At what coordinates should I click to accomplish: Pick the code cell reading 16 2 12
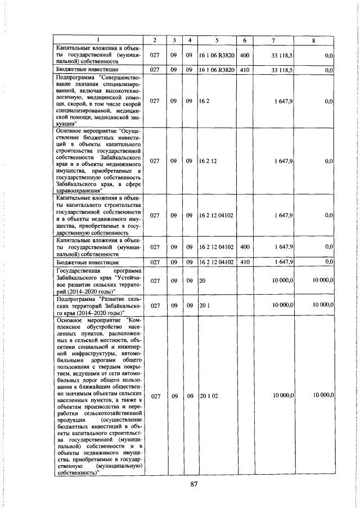point(208,161)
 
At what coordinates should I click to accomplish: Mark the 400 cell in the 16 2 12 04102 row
point(245,246)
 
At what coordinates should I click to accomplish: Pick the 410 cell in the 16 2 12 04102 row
point(245,262)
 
